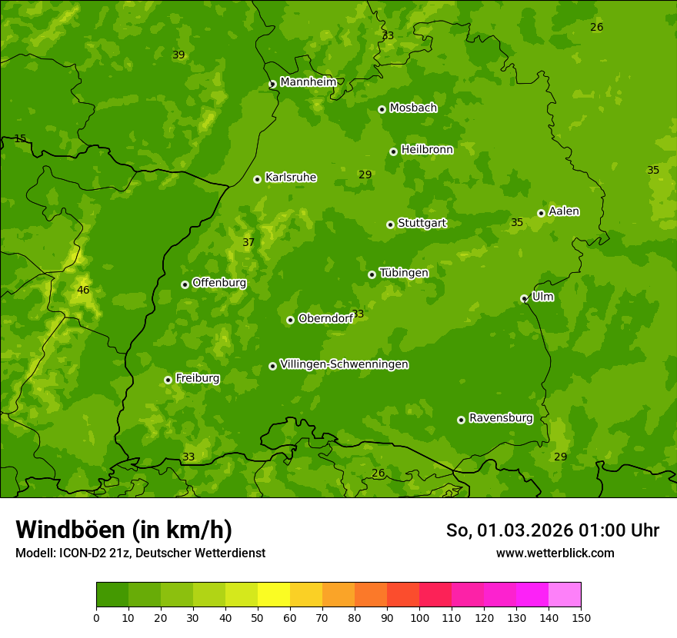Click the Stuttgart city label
click(x=422, y=224)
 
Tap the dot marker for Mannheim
click(x=272, y=85)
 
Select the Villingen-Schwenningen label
click(x=344, y=364)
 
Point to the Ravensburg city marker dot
click(x=461, y=420)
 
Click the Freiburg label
click(x=197, y=378)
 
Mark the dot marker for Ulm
click(x=524, y=298)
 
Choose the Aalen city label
click(x=564, y=211)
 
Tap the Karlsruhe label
click(x=290, y=178)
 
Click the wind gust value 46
click(x=83, y=290)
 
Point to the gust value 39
click(x=178, y=55)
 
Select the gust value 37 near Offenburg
click(x=248, y=242)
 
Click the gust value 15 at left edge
click(x=20, y=139)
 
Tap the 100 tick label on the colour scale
click(x=419, y=617)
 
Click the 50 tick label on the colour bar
click(x=258, y=617)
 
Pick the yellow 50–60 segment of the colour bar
click(x=274, y=595)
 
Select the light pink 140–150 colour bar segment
click(x=565, y=595)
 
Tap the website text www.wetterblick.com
click(x=555, y=553)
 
